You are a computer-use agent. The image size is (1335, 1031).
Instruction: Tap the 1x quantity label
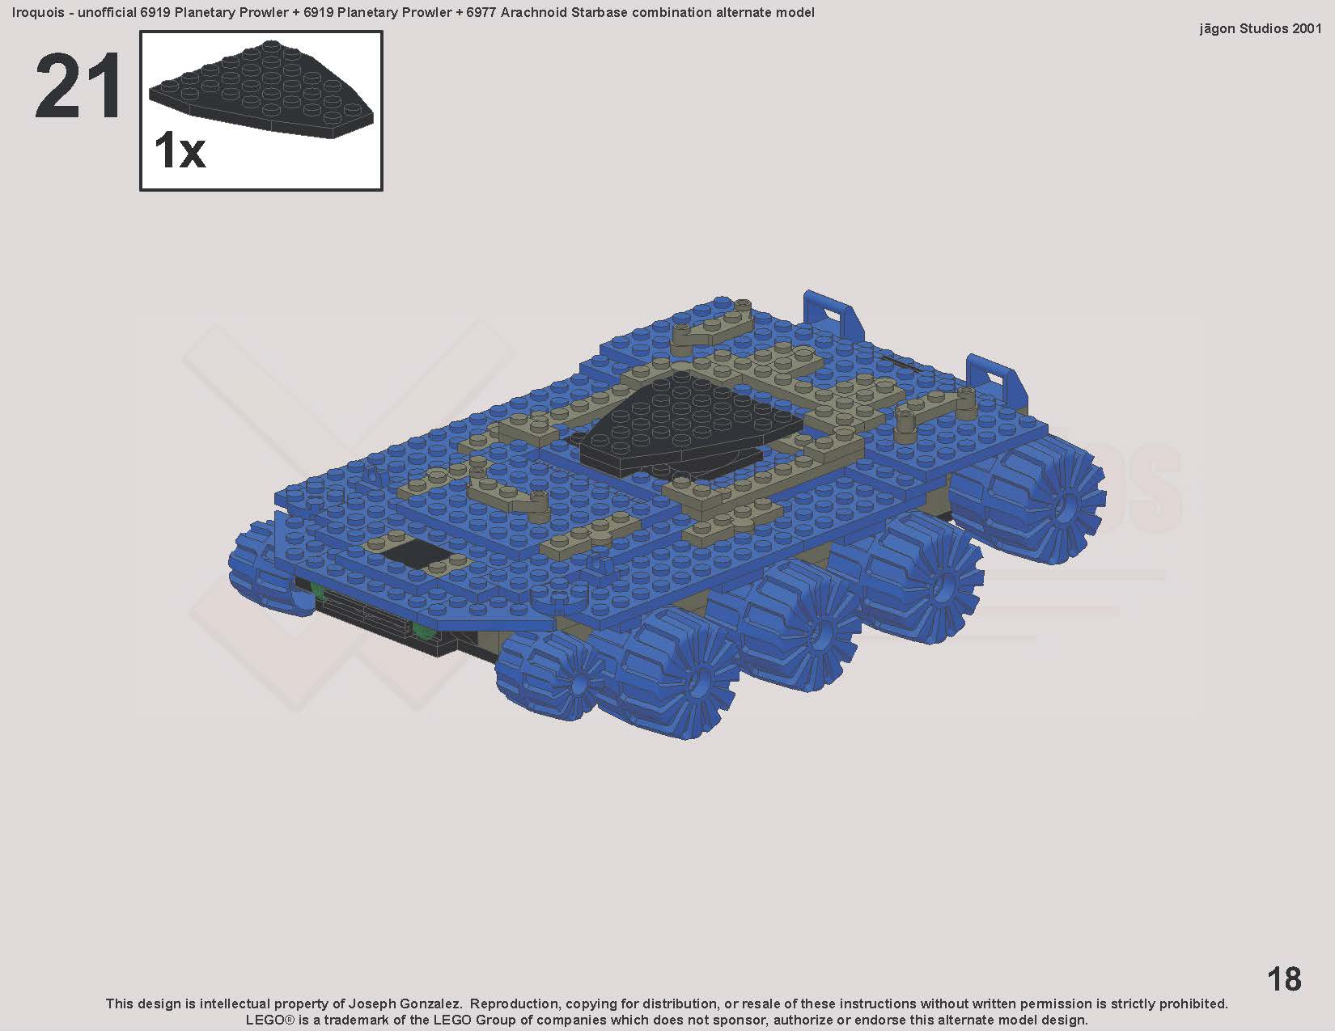(180, 150)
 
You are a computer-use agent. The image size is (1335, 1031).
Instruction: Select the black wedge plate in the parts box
(261, 90)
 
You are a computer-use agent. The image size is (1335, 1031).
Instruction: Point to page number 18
(1284, 979)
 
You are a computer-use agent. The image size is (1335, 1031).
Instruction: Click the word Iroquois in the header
(38, 12)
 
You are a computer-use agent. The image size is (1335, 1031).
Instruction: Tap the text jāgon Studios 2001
(1260, 29)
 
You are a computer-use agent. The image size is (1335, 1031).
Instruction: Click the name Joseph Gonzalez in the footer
(405, 1004)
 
